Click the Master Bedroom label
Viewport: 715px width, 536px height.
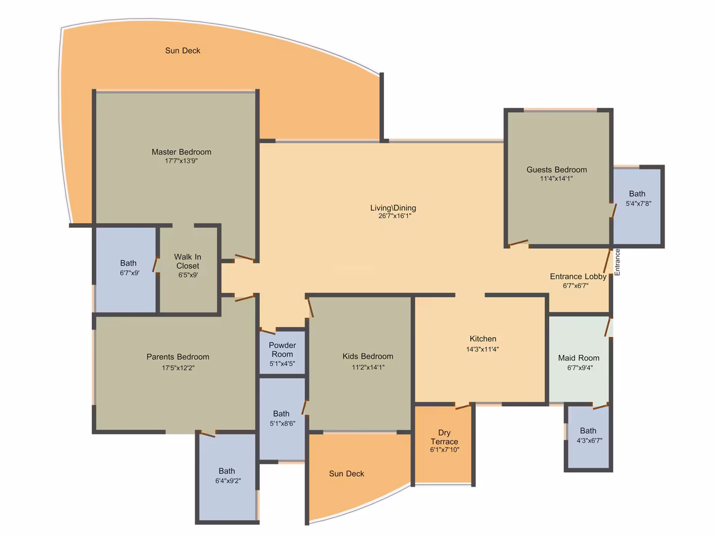(181, 152)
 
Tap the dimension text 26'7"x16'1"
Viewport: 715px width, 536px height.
(395, 216)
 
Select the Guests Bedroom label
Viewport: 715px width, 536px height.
(557, 169)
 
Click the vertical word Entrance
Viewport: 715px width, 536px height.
(617, 262)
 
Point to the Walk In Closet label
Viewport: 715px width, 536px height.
(188, 261)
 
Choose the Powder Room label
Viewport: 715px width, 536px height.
(282, 349)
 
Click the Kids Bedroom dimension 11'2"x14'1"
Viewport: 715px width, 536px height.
(369, 367)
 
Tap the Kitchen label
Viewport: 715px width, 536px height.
(483, 339)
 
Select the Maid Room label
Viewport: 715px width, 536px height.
(579, 358)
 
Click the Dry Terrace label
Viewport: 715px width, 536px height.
(444, 437)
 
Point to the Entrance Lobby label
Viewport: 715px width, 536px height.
(578, 276)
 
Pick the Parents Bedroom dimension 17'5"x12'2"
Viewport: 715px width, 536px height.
(178, 368)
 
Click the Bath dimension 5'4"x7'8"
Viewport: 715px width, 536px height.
(639, 204)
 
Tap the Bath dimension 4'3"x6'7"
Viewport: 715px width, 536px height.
(590, 441)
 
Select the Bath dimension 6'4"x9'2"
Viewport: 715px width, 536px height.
(228, 481)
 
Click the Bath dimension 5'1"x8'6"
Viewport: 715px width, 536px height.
(283, 423)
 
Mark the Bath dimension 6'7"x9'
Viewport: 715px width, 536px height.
(129, 273)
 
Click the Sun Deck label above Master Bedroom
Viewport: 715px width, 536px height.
(182, 51)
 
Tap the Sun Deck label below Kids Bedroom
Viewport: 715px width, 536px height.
(346, 474)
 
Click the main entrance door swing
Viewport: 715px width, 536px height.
(607, 261)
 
